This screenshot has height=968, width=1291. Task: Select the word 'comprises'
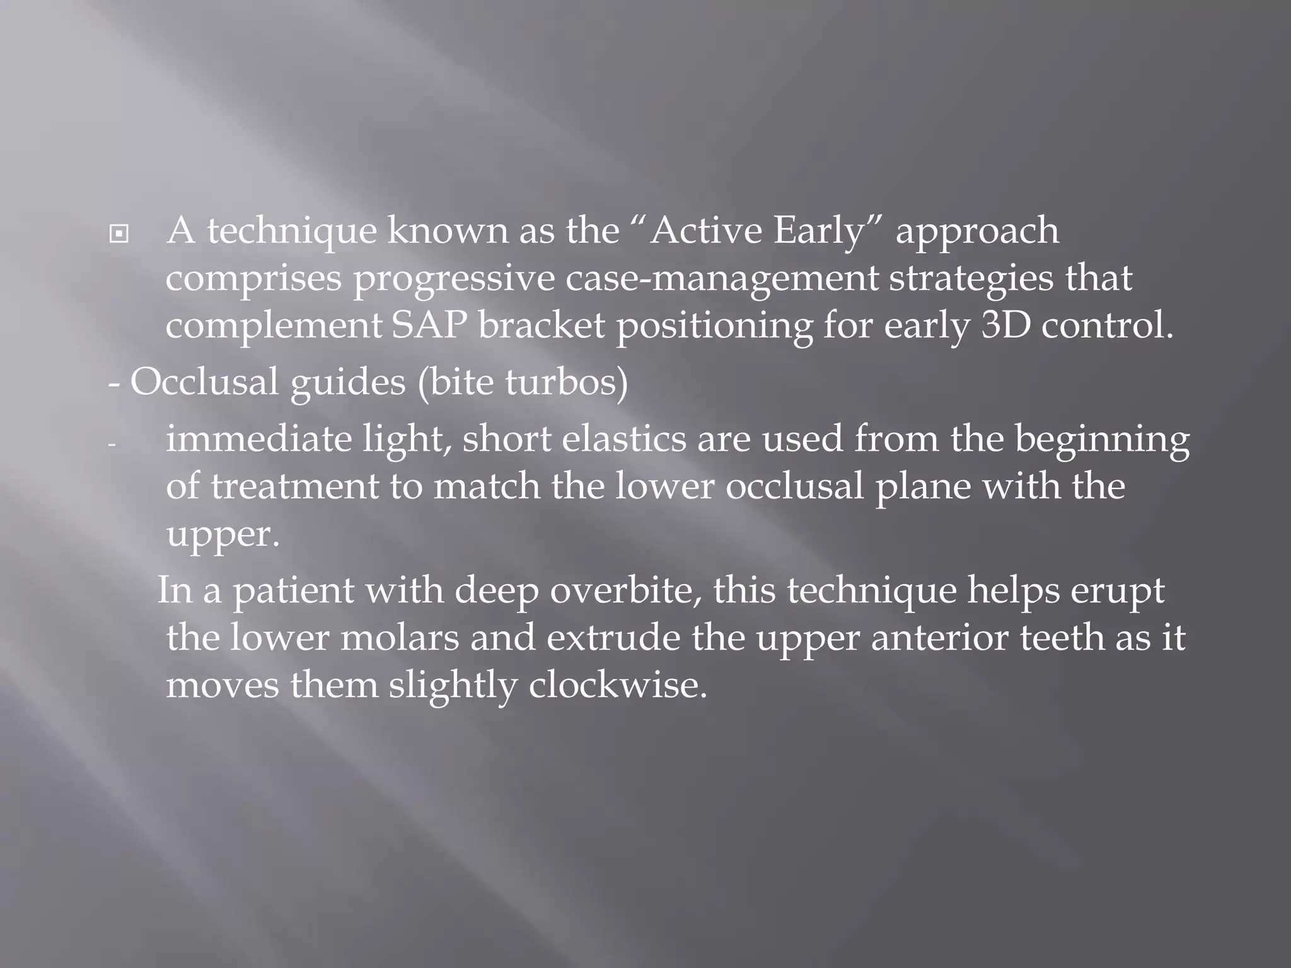pos(253,280)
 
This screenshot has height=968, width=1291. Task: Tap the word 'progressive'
pos(453,280)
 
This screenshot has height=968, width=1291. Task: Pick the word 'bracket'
pos(541,326)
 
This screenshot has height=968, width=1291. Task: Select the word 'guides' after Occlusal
pos(347,383)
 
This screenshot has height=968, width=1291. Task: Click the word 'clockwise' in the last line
pos(617,685)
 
